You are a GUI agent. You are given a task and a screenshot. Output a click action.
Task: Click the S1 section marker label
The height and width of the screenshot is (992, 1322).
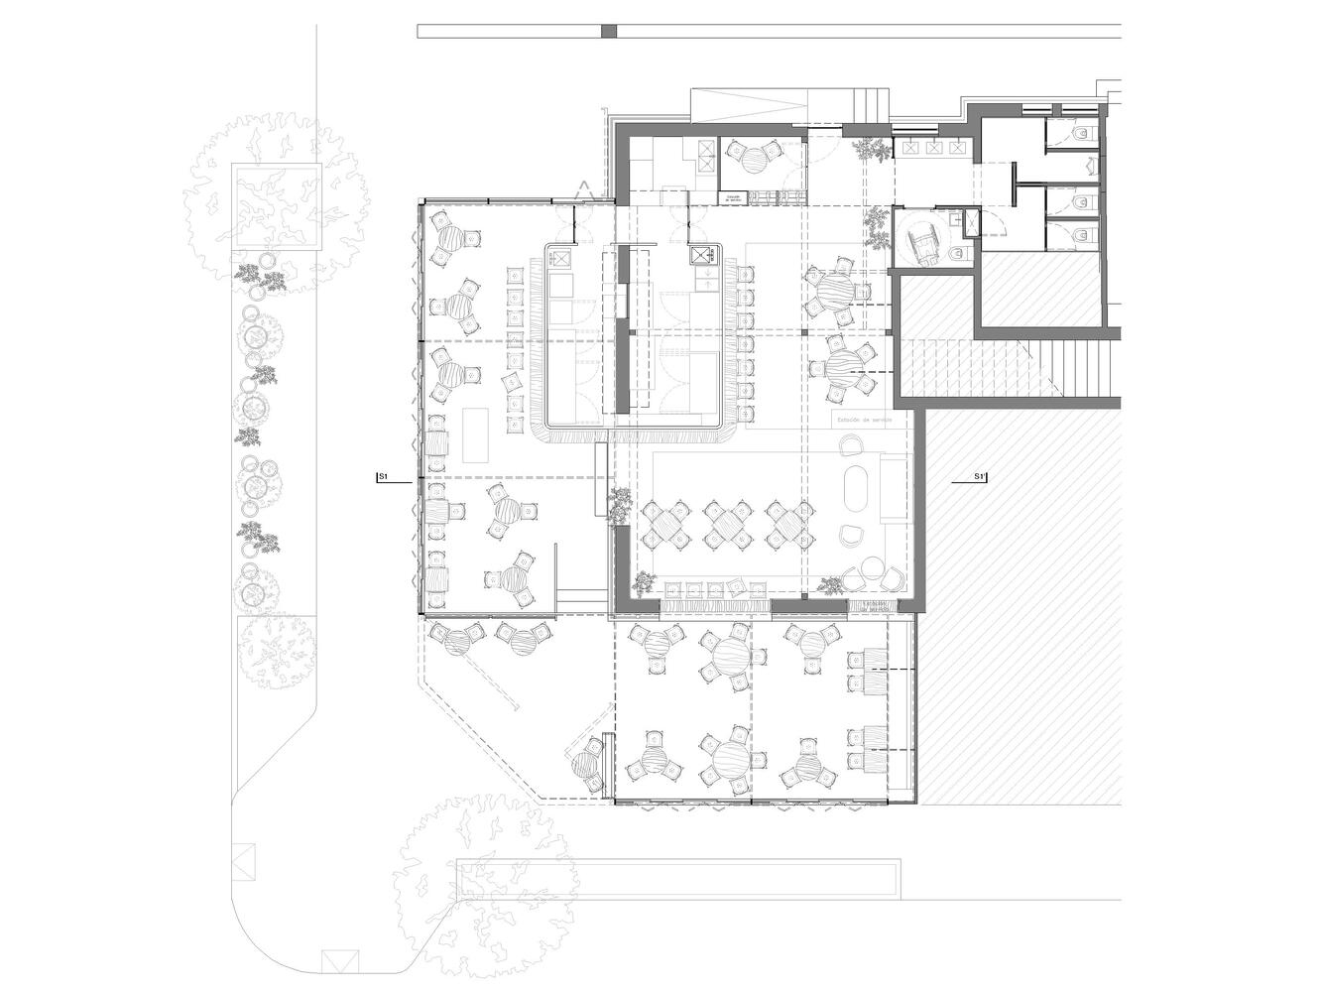[382, 478]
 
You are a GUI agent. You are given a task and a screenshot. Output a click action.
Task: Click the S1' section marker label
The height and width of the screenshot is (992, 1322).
[979, 478]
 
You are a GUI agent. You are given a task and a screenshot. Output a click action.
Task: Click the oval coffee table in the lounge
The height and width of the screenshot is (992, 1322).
[854, 489]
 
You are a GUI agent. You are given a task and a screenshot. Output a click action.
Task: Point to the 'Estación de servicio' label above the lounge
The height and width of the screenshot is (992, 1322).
[865, 420]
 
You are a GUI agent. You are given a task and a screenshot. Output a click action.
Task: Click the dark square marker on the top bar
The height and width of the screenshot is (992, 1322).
[609, 32]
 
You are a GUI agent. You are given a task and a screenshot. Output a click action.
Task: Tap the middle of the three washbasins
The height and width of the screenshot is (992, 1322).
[933, 148]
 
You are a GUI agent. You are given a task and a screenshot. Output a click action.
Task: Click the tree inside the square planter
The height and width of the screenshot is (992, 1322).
[275, 205]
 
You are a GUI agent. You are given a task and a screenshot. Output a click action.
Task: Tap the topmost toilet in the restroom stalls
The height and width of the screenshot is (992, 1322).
[1080, 132]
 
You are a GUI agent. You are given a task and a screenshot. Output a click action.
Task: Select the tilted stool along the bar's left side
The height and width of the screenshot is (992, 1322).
[515, 381]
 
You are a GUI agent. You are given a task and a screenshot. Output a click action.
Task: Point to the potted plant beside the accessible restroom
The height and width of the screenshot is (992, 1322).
[877, 227]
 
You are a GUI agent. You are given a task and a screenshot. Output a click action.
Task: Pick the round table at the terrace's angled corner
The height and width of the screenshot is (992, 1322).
[586, 764]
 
